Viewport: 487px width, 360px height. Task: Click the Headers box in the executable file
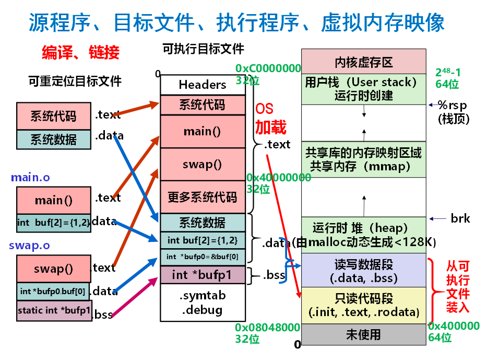pyautogui.click(x=203, y=85)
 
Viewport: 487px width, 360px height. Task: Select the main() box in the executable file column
pyautogui.click(x=203, y=132)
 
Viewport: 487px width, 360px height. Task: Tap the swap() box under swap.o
pyautogui.click(x=53, y=269)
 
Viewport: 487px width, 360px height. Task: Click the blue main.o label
pyautogui.click(x=30, y=177)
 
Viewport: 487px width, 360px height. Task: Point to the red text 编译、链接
pyautogui.click(x=80, y=52)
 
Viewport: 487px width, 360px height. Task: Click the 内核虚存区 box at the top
pyautogui.click(x=363, y=62)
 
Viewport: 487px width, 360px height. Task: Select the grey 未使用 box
pyautogui.click(x=363, y=335)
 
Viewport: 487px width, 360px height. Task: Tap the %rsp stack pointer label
pyautogui.click(x=452, y=105)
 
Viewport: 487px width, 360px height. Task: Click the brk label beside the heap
pyautogui.click(x=460, y=218)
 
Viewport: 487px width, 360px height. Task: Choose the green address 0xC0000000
pyautogui.click(x=268, y=68)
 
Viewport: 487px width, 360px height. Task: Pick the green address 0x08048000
pyautogui.click(x=267, y=328)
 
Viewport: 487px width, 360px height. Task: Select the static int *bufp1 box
pyautogui.click(x=54, y=310)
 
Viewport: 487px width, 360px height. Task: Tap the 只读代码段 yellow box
pyautogui.click(x=363, y=306)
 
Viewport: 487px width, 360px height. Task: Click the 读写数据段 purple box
pyautogui.click(x=363, y=271)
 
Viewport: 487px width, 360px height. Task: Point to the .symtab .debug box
pyautogui.click(x=203, y=303)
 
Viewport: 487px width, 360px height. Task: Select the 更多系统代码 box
pyautogui.click(x=203, y=197)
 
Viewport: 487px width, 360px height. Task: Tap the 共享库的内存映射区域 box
pyautogui.click(x=363, y=159)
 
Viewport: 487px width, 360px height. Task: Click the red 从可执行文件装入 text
pyautogui.click(x=457, y=287)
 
